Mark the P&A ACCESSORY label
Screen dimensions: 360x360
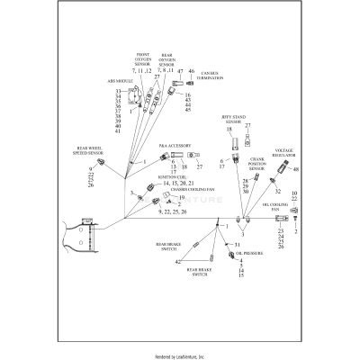click(x=174, y=144)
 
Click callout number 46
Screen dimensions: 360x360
click(x=191, y=70)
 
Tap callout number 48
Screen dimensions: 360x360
click(x=295, y=170)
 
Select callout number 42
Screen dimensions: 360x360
click(x=178, y=261)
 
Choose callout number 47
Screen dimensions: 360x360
click(x=180, y=71)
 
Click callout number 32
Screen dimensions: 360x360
click(x=276, y=192)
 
